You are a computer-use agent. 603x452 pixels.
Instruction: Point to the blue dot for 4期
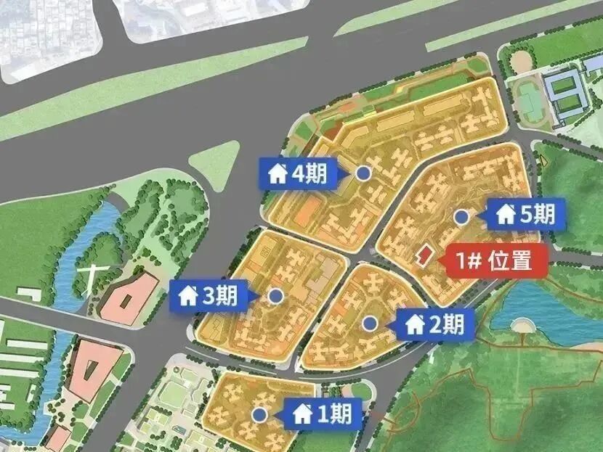363,173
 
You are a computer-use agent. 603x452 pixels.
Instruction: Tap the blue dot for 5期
461,215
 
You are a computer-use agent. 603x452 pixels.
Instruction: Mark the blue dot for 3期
275,296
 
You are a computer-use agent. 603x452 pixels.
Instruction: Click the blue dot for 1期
259,414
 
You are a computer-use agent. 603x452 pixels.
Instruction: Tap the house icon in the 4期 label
278,174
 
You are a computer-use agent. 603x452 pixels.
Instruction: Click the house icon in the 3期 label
188,296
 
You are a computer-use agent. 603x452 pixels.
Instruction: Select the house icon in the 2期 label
415,324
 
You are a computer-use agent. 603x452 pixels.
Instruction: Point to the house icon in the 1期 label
302,414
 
